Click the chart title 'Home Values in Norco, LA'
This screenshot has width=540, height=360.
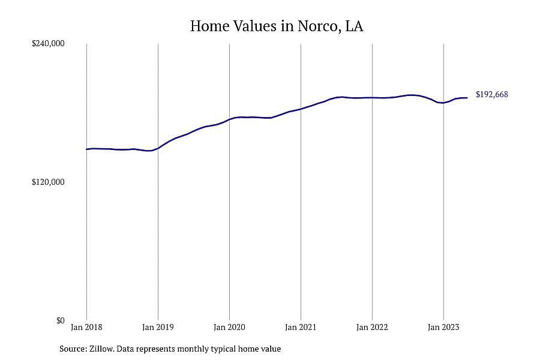pos(277,26)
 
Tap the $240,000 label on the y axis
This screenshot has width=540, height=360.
pos(48,43)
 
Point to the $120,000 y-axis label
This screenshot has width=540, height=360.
pos(48,182)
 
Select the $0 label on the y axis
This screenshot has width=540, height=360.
pos(60,321)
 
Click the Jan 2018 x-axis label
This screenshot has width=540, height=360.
pos(86,327)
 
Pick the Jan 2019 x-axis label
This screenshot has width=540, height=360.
pos(158,327)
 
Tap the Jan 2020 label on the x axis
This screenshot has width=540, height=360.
pos(229,327)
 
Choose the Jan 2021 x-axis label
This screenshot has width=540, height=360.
pos(301,327)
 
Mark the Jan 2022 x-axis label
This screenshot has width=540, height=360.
pos(372,327)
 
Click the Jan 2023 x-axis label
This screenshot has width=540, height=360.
pos(443,327)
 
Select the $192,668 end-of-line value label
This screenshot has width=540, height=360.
pos(492,94)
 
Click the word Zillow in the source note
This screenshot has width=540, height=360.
pos(101,349)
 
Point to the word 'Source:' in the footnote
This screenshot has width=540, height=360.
pos(73,349)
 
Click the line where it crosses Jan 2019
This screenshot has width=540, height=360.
pos(158,148)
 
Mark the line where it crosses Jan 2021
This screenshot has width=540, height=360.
pos(301,109)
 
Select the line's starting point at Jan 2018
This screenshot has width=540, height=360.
pos(86,149)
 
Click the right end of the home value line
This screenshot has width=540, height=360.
pos(467,98)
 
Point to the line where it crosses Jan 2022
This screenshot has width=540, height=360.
pos(372,97)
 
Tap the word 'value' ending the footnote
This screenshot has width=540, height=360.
pos(272,349)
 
